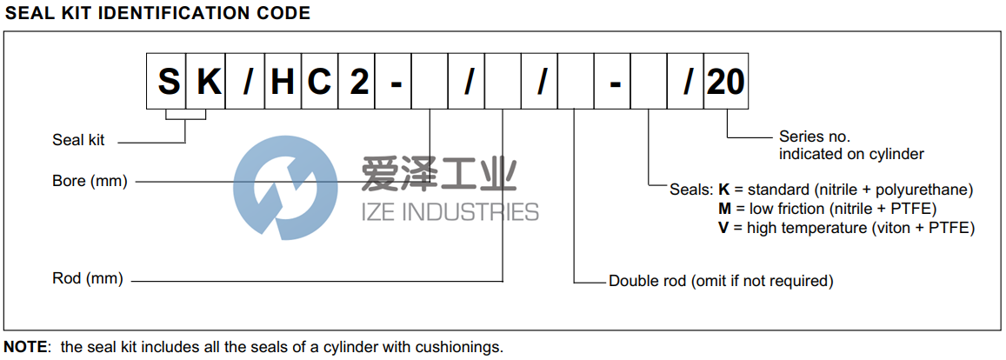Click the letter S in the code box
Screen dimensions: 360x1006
(x=168, y=82)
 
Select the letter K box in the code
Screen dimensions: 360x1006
(x=207, y=82)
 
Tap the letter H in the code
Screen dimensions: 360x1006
(x=283, y=82)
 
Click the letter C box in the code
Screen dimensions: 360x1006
(x=320, y=82)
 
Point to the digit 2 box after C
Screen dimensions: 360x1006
(x=357, y=82)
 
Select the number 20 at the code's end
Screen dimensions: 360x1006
(x=725, y=82)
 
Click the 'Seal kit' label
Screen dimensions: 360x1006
(x=80, y=140)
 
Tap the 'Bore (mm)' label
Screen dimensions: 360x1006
(x=90, y=181)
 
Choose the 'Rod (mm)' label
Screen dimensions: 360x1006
(x=88, y=279)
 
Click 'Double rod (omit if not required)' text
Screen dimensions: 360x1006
(x=721, y=281)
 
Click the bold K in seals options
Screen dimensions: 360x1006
(x=723, y=190)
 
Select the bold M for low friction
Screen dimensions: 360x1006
(x=723, y=209)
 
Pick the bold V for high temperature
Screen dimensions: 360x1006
(x=723, y=228)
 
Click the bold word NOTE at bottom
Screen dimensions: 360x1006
(x=26, y=347)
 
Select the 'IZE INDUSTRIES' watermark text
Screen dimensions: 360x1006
(x=449, y=211)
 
